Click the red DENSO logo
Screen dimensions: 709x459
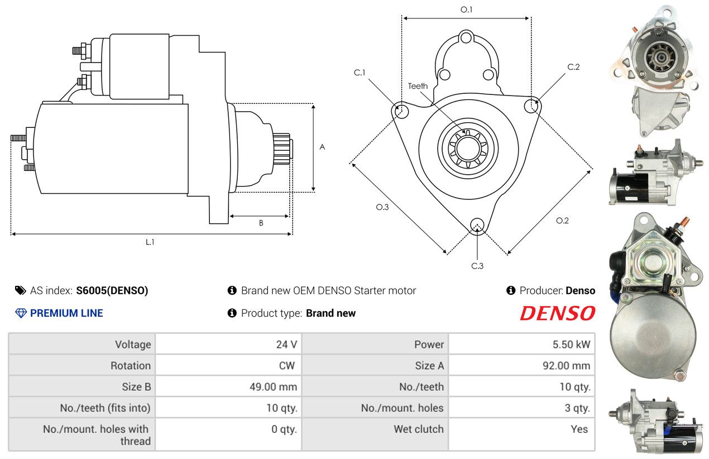click(x=557, y=313)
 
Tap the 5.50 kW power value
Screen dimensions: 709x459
click(x=571, y=345)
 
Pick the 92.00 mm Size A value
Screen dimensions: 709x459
click(x=566, y=366)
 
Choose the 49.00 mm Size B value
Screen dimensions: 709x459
click(x=273, y=387)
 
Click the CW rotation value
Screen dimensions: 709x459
click(x=287, y=366)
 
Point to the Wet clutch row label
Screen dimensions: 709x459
click(x=419, y=429)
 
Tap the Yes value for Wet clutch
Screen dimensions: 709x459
click(x=579, y=429)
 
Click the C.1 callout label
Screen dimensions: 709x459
click(x=360, y=73)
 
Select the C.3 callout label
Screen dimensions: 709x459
click(x=477, y=266)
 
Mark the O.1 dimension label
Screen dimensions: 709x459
click(x=466, y=10)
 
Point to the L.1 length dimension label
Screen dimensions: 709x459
click(x=150, y=242)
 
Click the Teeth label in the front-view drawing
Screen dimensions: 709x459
click(x=418, y=86)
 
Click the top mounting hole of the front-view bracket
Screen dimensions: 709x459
click(x=466, y=37)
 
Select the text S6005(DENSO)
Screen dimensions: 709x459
click(x=112, y=290)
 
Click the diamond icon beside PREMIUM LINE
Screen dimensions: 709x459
click(x=21, y=313)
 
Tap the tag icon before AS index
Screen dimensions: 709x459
click(x=21, y=290)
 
